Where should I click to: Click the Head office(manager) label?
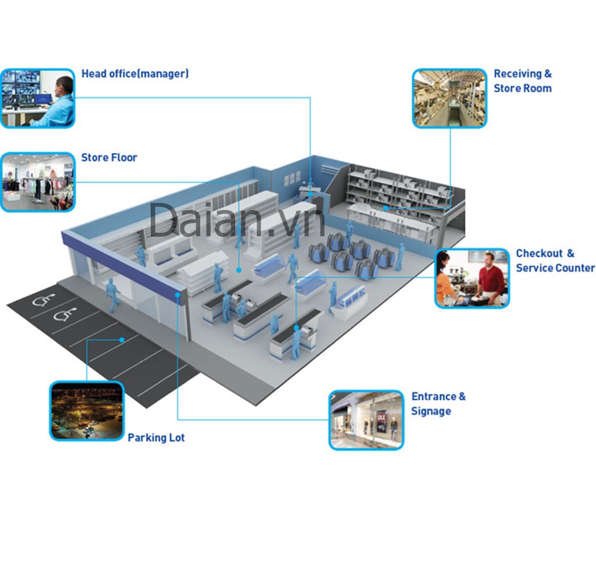coord(135,74)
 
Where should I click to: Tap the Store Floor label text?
coord(109,157)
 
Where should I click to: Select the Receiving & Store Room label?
coord(523,80)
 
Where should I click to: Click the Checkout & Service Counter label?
coord(555,261)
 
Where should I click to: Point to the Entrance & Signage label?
coord(438,404)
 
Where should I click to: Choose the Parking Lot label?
coord(156,437)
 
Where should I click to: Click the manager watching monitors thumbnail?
coord(38,98)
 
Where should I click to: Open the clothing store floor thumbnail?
coord(38,182)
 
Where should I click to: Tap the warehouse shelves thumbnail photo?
coord(450,98)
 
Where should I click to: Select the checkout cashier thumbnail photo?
coord(472,279)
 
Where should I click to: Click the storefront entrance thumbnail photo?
coord(367,420)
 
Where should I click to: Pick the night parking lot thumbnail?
coord(87,411)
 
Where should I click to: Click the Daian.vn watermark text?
coord(237,220)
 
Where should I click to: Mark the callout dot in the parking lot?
coord(122,340)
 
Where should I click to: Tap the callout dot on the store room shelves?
coord(385,208)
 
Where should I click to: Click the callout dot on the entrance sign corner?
coord(178,295)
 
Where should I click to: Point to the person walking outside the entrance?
coord(112,295)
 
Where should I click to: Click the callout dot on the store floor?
coord(239,270)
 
